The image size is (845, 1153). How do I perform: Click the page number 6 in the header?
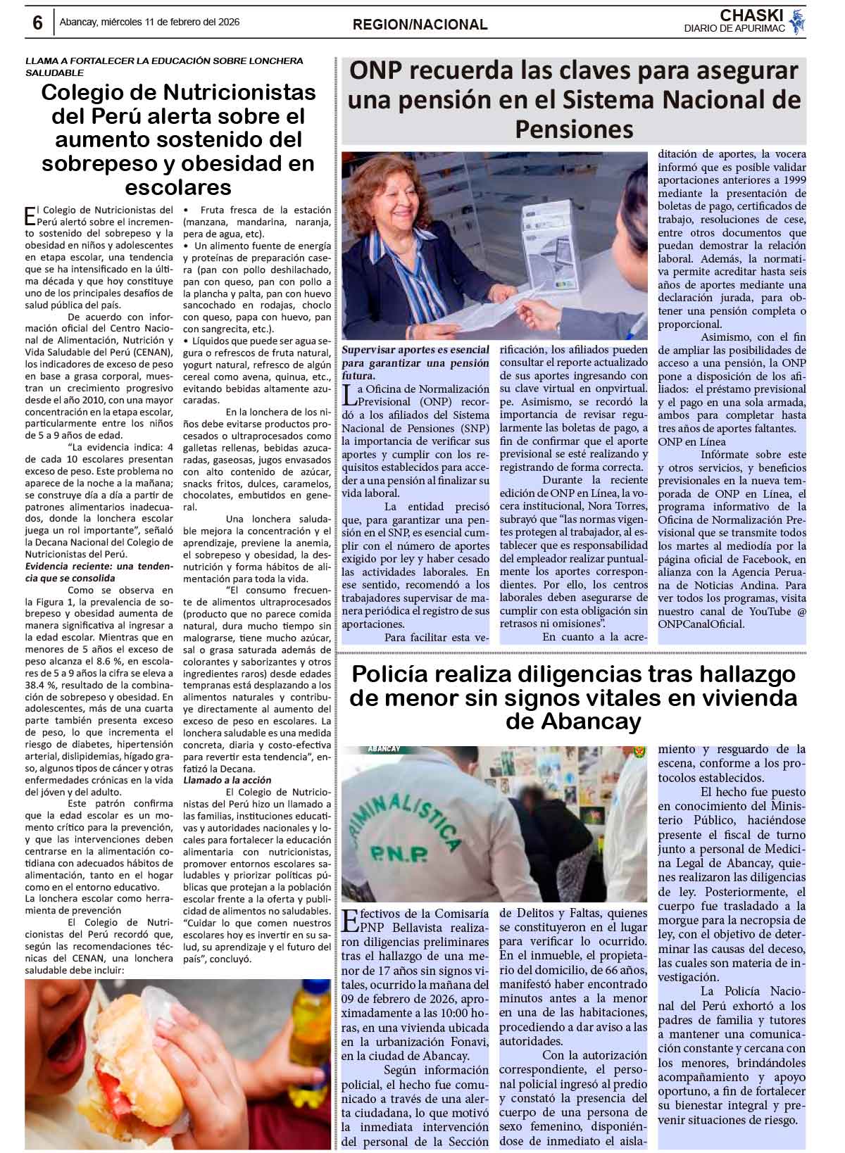[x=37, y=23]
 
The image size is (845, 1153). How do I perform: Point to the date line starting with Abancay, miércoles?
[x=149, y=22]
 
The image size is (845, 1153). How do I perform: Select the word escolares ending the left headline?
[x=178, y=187]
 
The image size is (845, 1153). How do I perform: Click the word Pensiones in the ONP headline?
[x=574, y=129]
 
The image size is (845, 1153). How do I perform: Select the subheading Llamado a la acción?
[x=227, y=780]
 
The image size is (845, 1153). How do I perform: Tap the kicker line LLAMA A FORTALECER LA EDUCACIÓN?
[x=164, y=61]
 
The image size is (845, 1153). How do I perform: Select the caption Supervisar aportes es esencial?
[x=415, y=350]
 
